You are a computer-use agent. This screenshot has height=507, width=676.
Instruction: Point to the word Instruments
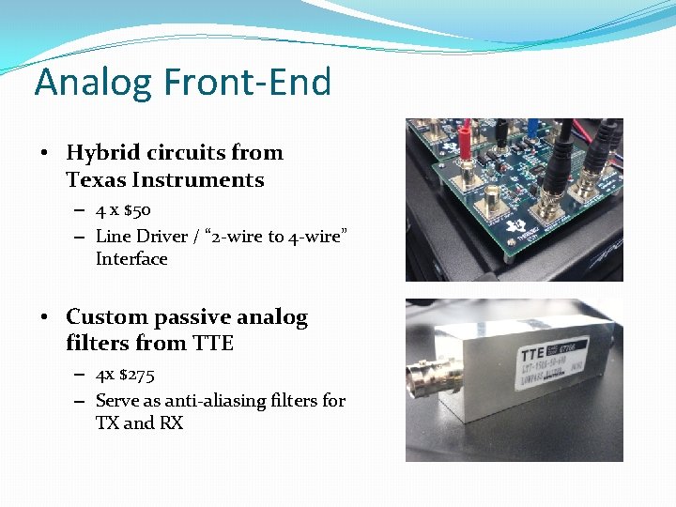[x=198, y=179]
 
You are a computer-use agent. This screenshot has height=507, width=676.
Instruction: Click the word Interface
[x=131, y=258]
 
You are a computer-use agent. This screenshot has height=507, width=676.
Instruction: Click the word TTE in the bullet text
[x=213, y=344]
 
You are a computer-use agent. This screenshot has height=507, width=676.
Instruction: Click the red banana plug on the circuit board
[x=463, y=174]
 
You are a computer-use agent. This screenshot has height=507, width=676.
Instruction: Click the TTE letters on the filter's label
[x=536, y=355]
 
